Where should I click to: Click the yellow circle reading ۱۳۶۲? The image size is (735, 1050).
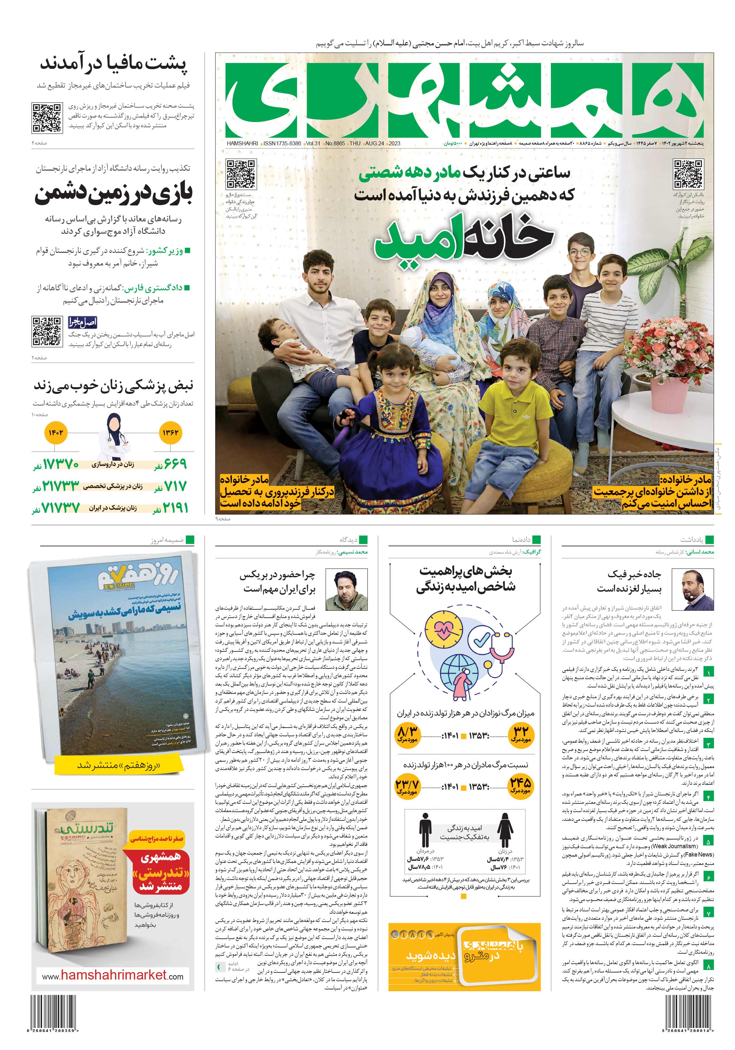click(170, 433)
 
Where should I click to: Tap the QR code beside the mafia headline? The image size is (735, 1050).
click(47, 118)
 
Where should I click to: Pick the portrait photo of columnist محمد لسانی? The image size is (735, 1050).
click(698, 590)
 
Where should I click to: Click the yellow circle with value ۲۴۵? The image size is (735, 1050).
click(520, 786)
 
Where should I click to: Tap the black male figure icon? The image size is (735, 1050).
click(425, 830)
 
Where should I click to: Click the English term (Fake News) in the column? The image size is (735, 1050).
click(698, 854)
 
